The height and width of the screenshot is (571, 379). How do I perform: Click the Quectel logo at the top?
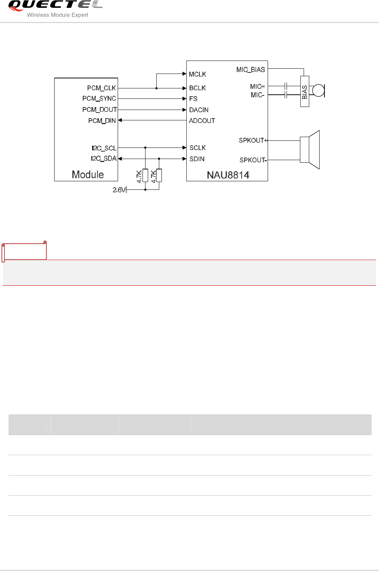pos(55,8)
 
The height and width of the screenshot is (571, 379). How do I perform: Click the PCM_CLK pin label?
pos(101,88)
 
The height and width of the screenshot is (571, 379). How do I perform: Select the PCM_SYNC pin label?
pos(99,98)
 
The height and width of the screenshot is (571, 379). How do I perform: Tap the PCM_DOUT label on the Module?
pos(99,110)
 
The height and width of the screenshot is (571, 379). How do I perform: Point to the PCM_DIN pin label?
pos(102,121)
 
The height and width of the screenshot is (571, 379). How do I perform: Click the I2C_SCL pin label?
pos(104,148)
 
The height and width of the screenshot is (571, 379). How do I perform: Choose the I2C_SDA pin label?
pos(104,159)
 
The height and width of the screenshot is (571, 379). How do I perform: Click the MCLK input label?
pos(197,74)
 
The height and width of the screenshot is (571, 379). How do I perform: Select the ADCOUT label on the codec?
pos(202,121)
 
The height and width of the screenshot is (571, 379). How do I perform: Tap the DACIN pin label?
pos(199,110)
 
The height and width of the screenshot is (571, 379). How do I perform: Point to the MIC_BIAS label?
pos(251,70)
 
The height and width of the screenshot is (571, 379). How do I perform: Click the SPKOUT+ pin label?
pos(252,140)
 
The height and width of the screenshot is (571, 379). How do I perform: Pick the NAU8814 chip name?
pos(228,175)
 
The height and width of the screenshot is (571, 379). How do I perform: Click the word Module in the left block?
pos(88,175)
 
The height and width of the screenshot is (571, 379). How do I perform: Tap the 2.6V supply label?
pos(119,190)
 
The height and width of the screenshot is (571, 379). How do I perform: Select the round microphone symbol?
pos(318,91)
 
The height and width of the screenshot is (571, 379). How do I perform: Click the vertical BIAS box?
pos(304,91)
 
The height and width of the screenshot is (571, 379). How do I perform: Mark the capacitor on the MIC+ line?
pos(286,86)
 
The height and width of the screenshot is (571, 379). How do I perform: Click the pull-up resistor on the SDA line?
pos(159,175)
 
